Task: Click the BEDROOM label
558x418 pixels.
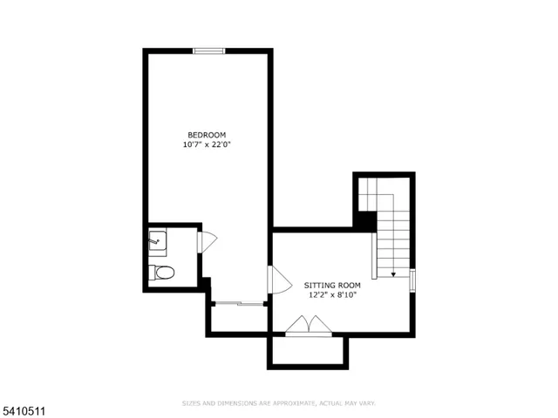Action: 207,134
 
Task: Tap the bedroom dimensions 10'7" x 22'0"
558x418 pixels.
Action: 207,145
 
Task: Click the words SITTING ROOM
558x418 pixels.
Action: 332,285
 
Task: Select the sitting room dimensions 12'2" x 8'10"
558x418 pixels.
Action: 332,295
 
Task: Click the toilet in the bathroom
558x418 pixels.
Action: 161,273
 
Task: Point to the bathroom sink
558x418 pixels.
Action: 157,237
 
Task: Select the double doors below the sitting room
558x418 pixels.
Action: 309,326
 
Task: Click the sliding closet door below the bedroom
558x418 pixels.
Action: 239,303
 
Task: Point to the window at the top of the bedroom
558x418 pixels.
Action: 209,51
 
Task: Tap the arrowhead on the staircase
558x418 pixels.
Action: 393,274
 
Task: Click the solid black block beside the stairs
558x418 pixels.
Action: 364,221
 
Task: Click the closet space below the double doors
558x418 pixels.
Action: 308,350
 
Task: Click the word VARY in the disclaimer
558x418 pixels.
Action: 367,403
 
